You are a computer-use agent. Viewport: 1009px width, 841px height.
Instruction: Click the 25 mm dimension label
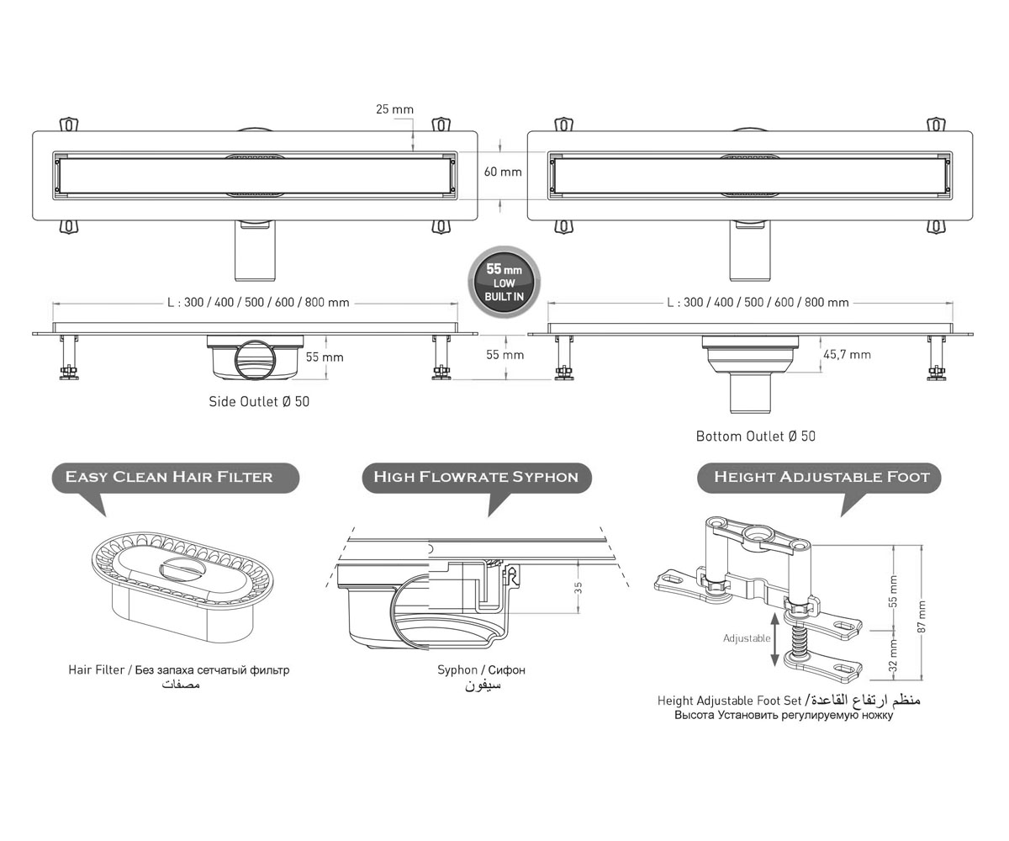395,109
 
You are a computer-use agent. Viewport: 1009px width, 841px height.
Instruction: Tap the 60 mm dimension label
503,172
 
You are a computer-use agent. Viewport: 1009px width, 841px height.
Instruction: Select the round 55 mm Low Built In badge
504,283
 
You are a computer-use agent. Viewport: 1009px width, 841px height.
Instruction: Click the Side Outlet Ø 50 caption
259,402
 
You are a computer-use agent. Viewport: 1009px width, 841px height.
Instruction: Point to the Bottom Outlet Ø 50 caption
756,436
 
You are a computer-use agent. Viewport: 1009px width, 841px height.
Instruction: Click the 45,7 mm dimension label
847,355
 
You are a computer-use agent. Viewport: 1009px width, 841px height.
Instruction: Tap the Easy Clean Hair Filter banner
176,478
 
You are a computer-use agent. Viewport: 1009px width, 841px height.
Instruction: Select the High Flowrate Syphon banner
477,478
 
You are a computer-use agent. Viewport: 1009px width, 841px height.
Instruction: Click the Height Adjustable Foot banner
819,478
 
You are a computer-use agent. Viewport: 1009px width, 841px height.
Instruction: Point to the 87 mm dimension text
922,616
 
